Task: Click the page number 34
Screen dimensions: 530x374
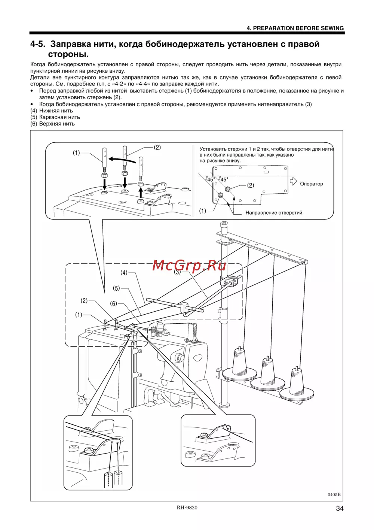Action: coord(340,508)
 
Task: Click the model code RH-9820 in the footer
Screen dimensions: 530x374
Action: coord(187,508)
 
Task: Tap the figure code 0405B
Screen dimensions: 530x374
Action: coord(334,494)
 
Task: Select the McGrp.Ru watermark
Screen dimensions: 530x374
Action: coord(189,266)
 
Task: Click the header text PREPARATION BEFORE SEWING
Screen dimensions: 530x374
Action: coord(295,28)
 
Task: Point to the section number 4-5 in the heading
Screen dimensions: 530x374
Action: coord(38,44)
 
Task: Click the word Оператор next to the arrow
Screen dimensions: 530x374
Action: coord(311,184)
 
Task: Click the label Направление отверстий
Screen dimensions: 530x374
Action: coord(274,213)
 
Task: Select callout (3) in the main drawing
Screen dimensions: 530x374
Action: coord(177,272)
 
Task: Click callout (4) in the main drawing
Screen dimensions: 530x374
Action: coord(124,273)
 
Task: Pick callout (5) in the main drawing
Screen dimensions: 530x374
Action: coord(117,288)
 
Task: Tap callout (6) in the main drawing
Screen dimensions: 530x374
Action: coord(113,304)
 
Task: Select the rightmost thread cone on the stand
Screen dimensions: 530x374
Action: coord(297,382)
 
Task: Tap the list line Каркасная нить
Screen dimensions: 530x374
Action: coord(55,117)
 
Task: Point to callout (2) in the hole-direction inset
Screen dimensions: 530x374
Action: coord(251,185)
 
